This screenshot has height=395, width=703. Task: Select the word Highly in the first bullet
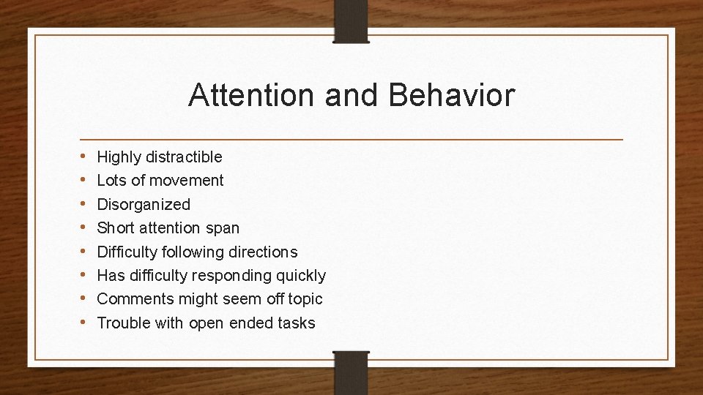(119, 157)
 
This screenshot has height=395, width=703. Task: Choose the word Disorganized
(144, 205)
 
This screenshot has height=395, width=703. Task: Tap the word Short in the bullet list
(116, 228)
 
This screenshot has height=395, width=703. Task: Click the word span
(223, 228)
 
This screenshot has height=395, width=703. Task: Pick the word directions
(263, 252)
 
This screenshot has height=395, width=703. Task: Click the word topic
(303, 299)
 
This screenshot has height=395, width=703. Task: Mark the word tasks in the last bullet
(296, 323)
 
